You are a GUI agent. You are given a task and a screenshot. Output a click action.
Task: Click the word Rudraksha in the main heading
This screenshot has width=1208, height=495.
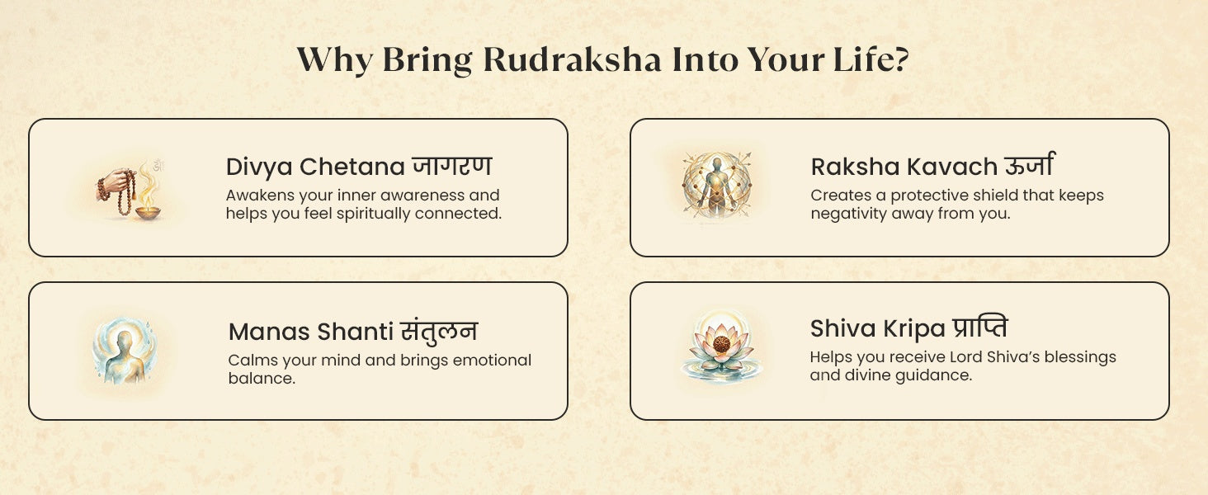point(572,59)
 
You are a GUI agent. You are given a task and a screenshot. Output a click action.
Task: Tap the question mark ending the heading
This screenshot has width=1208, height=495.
point(900,59)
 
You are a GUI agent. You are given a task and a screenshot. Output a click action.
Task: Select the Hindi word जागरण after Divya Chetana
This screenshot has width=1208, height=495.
point(452,165)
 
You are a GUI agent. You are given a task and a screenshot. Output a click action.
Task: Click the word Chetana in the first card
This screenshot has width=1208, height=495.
point(352,167)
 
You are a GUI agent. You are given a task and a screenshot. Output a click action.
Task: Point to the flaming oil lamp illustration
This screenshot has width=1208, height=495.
point(147,195)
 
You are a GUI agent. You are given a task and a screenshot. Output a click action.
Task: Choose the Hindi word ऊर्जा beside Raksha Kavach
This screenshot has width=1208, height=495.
point(1029,164)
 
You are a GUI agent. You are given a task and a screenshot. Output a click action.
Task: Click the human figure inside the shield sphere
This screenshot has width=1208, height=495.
point(716,186)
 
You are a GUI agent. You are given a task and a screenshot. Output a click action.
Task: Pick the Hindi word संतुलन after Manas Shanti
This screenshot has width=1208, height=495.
point(438,331)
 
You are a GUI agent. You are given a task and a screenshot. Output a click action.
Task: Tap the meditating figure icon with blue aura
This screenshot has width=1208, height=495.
point(125,350)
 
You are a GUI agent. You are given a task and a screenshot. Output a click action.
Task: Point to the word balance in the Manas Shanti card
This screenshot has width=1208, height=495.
point(262,378)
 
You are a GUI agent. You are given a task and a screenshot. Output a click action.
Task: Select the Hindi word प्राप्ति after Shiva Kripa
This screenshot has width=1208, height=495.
point(979,328)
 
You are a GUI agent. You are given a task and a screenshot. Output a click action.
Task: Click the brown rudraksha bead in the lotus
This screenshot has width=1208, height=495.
point(721,343)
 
